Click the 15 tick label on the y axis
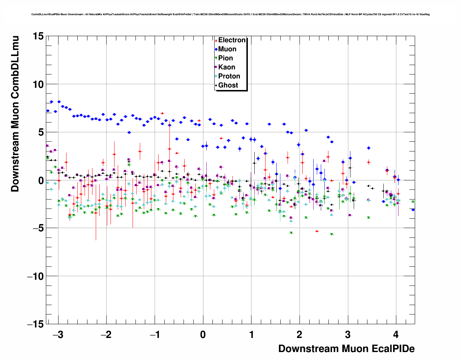coord(38,36)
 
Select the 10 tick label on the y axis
coord(38,84)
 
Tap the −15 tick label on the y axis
coord(35,324)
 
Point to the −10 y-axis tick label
coord(35,276)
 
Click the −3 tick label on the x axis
coord(58,335)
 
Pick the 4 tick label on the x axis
coord(396,335)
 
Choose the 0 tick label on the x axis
coord(203,335)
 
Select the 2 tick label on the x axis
coord(300,335)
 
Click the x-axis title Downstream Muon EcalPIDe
coord(346,349)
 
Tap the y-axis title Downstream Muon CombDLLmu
coord(15,114)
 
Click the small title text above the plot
coord(230,14)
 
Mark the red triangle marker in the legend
coord(216,40)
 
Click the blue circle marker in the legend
coord(216,49)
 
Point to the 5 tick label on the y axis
coord(41,132)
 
